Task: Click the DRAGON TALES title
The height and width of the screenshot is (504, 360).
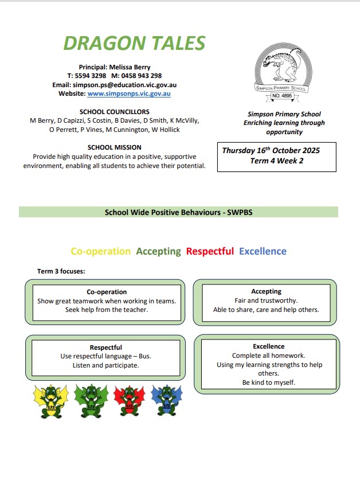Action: tap(134, 42)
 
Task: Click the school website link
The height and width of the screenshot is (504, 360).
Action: tap(129, 93)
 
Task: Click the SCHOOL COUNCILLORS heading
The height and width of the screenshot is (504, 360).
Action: tap(115, 112)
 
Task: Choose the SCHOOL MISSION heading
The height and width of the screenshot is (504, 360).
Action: tap(115, 147)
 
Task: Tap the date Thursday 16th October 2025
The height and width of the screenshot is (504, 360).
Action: tap(271, 151)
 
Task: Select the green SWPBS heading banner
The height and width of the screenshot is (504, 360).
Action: tap(178, 212)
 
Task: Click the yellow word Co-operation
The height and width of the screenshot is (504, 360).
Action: tap(100, 251)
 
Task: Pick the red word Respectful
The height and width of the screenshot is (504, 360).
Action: tap(210, 251)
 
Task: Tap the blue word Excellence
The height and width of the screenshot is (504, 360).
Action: tap(263, 251)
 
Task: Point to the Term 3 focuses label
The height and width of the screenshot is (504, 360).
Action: tap(61, 271)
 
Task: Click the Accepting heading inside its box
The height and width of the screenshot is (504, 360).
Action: tap(266, 291)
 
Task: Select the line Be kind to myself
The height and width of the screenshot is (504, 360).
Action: tap(268, 382)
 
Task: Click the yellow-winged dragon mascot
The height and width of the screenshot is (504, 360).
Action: tap(51, 400)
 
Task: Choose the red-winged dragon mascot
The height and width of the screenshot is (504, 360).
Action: tap(130, 400)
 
